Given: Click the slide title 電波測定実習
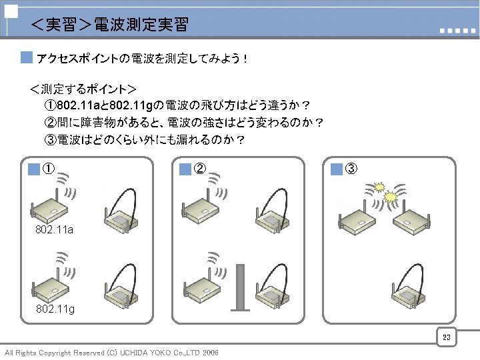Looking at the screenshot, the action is pos(109,25).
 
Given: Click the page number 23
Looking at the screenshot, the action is pos(447,338).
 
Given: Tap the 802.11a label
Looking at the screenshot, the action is pos(55,230).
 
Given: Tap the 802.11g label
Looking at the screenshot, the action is pos(55,309).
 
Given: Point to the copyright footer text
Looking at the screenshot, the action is pos(111,352).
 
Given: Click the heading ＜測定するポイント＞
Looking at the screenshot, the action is pos(83,89).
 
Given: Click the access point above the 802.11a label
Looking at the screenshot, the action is pos(49,209).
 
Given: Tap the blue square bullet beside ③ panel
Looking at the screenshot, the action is pos(336,169).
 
